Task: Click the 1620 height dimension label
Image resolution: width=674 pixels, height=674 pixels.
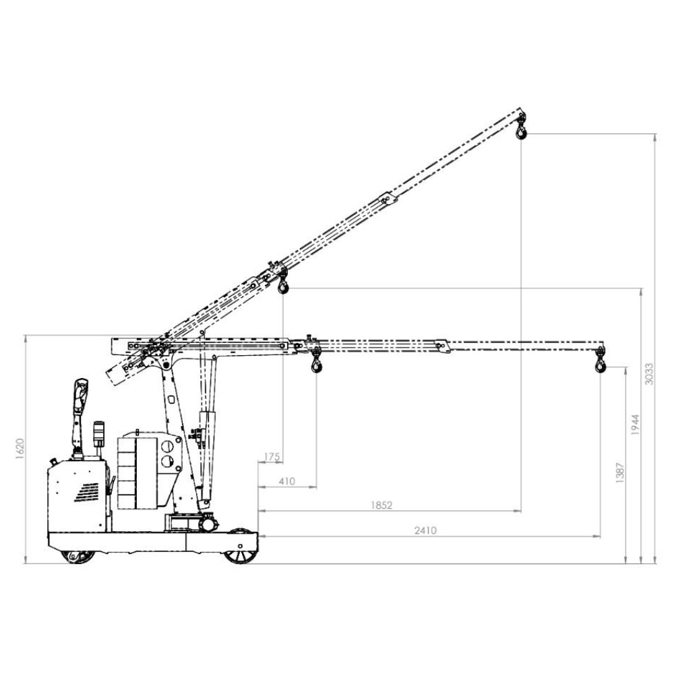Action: click(x=20, y=449)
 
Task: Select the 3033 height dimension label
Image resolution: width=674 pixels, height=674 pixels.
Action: click(x=649, y=374)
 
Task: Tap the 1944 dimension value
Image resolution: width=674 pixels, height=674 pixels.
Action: click(x=636, y=425)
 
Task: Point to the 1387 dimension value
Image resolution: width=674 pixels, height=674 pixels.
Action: click(x=619, y=473)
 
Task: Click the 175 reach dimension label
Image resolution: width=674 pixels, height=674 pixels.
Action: click(x=272, y=457)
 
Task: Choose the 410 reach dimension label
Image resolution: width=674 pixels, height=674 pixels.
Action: click(x=286, y=481)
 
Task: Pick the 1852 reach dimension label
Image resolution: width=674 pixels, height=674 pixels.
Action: click(x=381, y=506)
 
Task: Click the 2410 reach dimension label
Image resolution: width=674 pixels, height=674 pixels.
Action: click(x=425, y=531)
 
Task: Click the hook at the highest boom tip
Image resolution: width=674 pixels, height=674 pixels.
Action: click(x=522, y=130)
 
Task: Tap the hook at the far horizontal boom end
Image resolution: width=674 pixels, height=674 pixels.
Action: click(x=600, y=363)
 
